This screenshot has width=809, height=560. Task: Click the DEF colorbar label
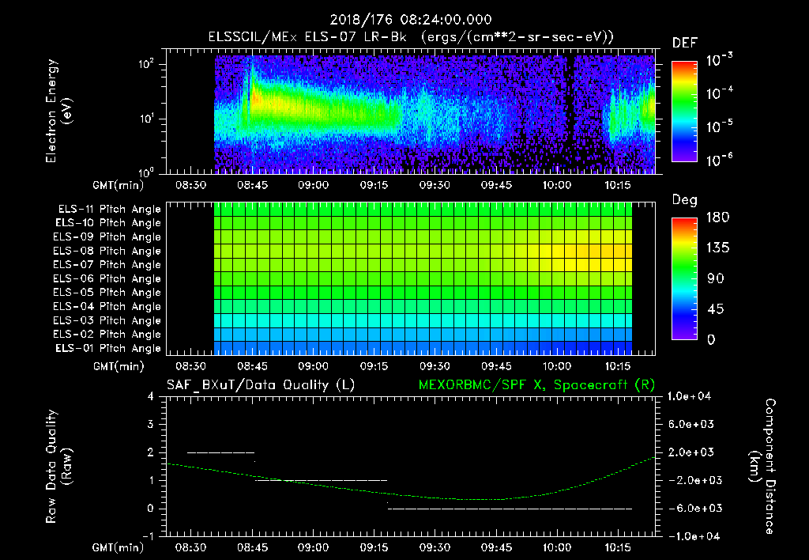pyautogui.click(x=684, y=43)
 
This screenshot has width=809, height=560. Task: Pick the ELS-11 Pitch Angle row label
pyautogui.click(x=109, y=210)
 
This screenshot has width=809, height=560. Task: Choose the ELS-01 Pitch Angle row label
pyautogui.click(x=109, y=349)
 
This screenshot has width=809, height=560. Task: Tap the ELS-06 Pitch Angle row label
pyautogui.click(x=109, y=279)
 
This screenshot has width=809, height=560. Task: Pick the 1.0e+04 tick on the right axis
pyautogui.click(x=692, y=396)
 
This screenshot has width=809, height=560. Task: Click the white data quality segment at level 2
pyautogui.click(x=221, y=452)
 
